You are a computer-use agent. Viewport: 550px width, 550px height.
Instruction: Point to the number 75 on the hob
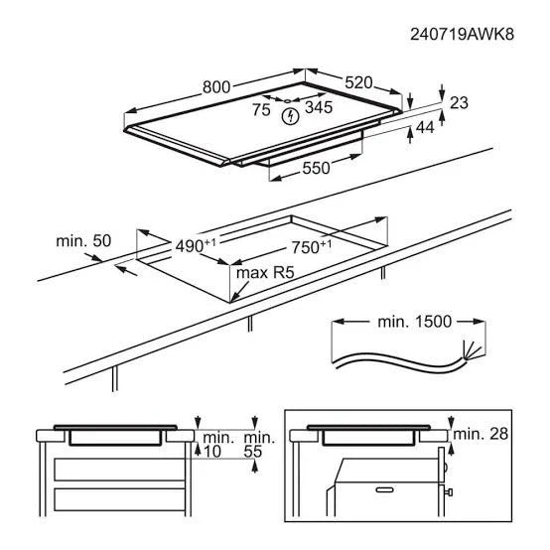(x=260, y=110)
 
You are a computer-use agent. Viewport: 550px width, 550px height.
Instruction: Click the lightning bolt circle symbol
(x=290, y=117)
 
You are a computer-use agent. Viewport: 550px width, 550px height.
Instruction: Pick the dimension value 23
(x=459, y=102)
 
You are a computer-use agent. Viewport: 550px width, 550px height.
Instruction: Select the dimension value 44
(x=424, y=127)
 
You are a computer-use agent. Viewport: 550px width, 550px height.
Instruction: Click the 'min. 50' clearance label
(x=82, y=240)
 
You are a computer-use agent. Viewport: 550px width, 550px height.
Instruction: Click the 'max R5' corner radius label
(x=265, y=271)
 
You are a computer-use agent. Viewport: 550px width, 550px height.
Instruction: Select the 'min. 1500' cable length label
(x=414, y=321)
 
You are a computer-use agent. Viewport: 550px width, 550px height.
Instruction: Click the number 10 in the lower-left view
(x=212, y=452)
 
